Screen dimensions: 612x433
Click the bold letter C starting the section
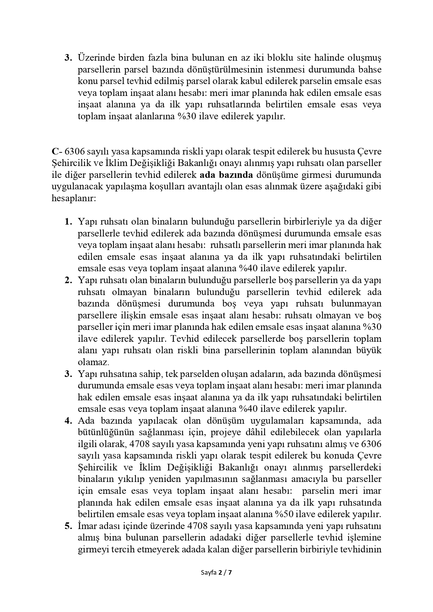coord(55,152)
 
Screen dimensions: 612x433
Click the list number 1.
coord(68,222)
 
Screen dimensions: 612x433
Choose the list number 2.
coord(68,280)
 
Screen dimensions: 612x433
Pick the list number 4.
coord(68,421)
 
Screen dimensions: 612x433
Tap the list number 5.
coord(68,526)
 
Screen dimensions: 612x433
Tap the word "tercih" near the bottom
coord(120,550)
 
